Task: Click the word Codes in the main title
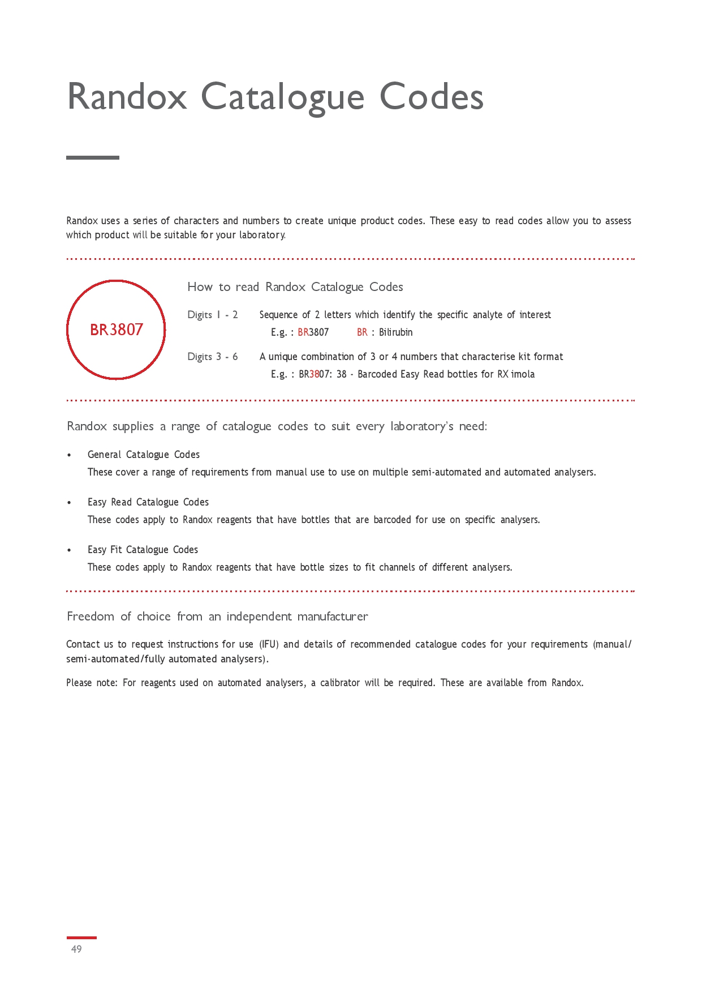pos(431,97)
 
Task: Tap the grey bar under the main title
pos(93,157)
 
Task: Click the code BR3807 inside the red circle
pos(117,329)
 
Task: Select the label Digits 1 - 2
pos(213,315)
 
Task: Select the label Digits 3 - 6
pos(213,357)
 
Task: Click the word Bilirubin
pos(395,332)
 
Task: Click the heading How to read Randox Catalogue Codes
pos(295,287)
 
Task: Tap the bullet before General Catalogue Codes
pos(69,455)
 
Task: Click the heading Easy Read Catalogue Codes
pos(148,502)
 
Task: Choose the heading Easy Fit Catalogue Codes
pos(143,550)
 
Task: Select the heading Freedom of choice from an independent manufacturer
pos(217,617)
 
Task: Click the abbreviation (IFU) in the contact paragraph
pos(269,644)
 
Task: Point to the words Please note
pos(91,683)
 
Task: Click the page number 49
pos(76,949)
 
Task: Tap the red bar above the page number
pos(81,938)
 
